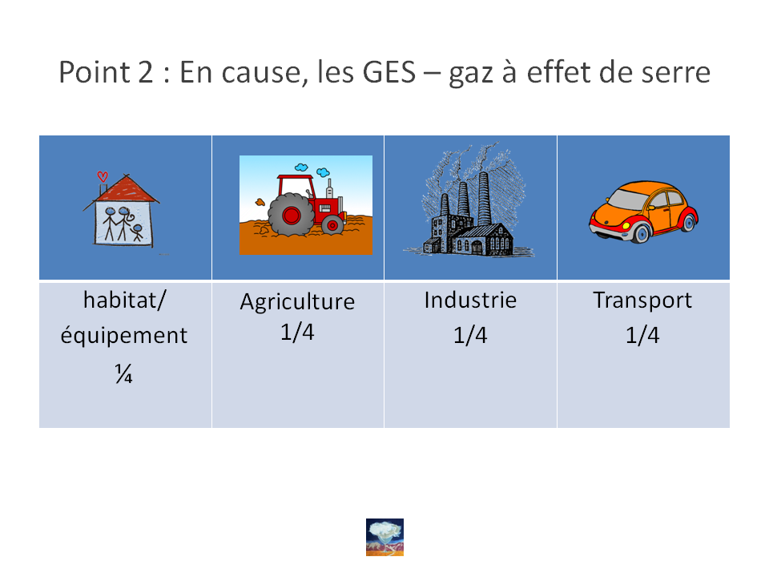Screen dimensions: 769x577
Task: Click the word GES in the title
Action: [389, 72]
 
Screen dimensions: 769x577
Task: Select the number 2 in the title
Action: [145, 72]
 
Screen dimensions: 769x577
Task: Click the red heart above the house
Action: [103, 176]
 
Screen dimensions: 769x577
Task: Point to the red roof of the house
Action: [127, 190]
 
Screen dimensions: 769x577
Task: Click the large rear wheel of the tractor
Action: [291, 215]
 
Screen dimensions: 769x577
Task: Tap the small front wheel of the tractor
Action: [332, 225]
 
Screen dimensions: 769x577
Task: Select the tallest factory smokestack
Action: [484, 198]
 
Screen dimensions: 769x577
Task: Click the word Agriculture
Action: [297, 301]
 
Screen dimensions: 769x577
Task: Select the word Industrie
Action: [470, 300]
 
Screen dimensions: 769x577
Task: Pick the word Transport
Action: [642, 301]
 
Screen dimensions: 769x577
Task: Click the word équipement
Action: [124, 336]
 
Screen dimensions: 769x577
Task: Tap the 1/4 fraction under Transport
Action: [642, 335]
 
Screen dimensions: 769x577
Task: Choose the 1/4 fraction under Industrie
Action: [470, 335]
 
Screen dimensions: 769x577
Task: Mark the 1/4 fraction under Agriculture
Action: [297, 332]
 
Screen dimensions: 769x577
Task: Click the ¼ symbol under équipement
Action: [123, 373]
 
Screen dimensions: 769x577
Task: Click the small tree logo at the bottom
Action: [385, 537]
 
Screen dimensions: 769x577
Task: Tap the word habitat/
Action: [125, 301]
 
